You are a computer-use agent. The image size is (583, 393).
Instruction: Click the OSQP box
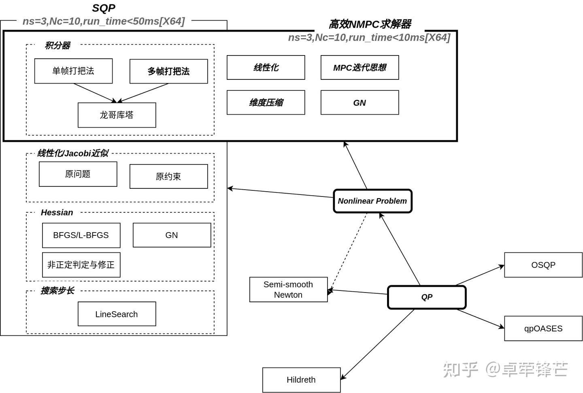click(543, 265)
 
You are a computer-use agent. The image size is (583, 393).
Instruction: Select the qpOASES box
click(543, 329)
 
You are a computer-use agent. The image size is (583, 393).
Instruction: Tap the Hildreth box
click(301, 380)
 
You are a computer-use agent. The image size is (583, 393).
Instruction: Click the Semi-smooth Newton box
click(288, 290)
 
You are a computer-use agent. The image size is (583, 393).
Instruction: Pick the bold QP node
click(427, 297)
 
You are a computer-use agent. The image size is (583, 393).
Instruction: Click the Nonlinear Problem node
click(372, 201)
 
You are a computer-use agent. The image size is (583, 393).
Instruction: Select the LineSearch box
click(117, 314)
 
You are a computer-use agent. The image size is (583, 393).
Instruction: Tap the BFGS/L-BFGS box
click(81, 235)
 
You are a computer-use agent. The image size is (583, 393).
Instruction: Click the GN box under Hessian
click(172, 235)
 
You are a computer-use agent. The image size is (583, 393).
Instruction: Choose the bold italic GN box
click(360, 103)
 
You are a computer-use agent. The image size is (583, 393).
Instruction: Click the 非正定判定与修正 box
click(81, 265)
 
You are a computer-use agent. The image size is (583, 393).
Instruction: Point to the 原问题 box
click(78, 174)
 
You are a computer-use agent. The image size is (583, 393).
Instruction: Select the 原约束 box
click(168, 177)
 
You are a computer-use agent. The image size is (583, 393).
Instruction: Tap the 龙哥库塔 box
click(117, 115)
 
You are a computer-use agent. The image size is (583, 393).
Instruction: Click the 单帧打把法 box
click(73, 71)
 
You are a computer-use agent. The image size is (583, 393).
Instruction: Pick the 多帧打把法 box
click(168, 71)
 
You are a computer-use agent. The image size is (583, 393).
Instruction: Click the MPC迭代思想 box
click(360, 68)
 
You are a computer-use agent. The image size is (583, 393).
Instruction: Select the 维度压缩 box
click(266, 103)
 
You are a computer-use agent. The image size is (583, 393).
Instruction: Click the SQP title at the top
click(104, 8)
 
